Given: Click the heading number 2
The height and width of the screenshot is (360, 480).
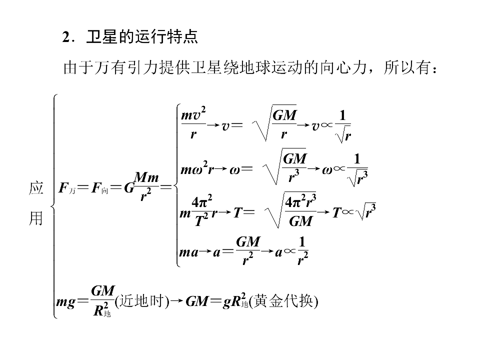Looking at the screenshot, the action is [66, 37].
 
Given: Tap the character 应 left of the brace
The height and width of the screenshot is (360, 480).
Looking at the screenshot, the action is [36, 188].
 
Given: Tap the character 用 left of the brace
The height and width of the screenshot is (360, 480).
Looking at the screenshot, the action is [36, 218].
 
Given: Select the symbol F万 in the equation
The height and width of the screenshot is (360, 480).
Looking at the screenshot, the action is [67, 187].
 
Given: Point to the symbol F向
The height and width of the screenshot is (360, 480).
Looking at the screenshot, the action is [100, 187].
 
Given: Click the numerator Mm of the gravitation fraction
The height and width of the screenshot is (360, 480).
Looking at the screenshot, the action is [146, 177].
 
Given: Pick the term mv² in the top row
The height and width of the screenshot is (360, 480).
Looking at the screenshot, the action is [193, 114].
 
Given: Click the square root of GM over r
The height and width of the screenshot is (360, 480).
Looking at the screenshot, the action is [274, 123].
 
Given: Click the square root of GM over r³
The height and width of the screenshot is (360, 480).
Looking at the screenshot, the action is [284, 166].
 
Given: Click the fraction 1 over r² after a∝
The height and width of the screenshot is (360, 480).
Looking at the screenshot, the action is [302, 250].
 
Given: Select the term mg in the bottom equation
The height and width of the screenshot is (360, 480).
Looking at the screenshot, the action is [65, 302].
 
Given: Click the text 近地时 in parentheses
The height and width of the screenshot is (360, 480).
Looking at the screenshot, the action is [141, 301].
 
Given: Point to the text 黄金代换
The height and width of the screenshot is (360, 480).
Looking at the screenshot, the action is [283, 301].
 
